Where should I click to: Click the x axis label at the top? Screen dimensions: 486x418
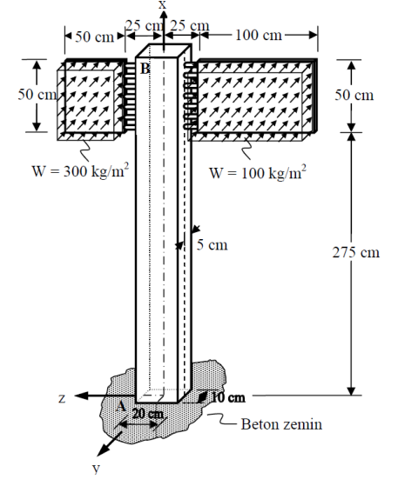click(162, 5)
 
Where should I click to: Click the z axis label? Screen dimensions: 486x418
click(62, 398)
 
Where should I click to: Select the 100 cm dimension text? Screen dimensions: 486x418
click(260, 35)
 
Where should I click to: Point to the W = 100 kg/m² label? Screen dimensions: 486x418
click(258, 172)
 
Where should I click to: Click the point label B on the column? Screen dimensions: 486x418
click(145, 68)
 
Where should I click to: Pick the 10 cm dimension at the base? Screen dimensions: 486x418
click(228, 398)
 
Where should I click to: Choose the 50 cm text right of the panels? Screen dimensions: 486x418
click(356, 95)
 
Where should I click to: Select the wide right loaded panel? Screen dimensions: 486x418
click(255, 97)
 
